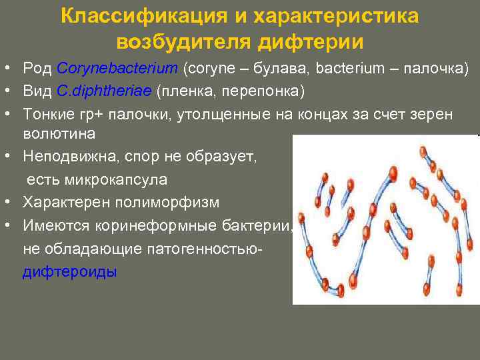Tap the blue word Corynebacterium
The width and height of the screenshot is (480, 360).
coord(117,69)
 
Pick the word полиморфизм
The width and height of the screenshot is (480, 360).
coord(162,202)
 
